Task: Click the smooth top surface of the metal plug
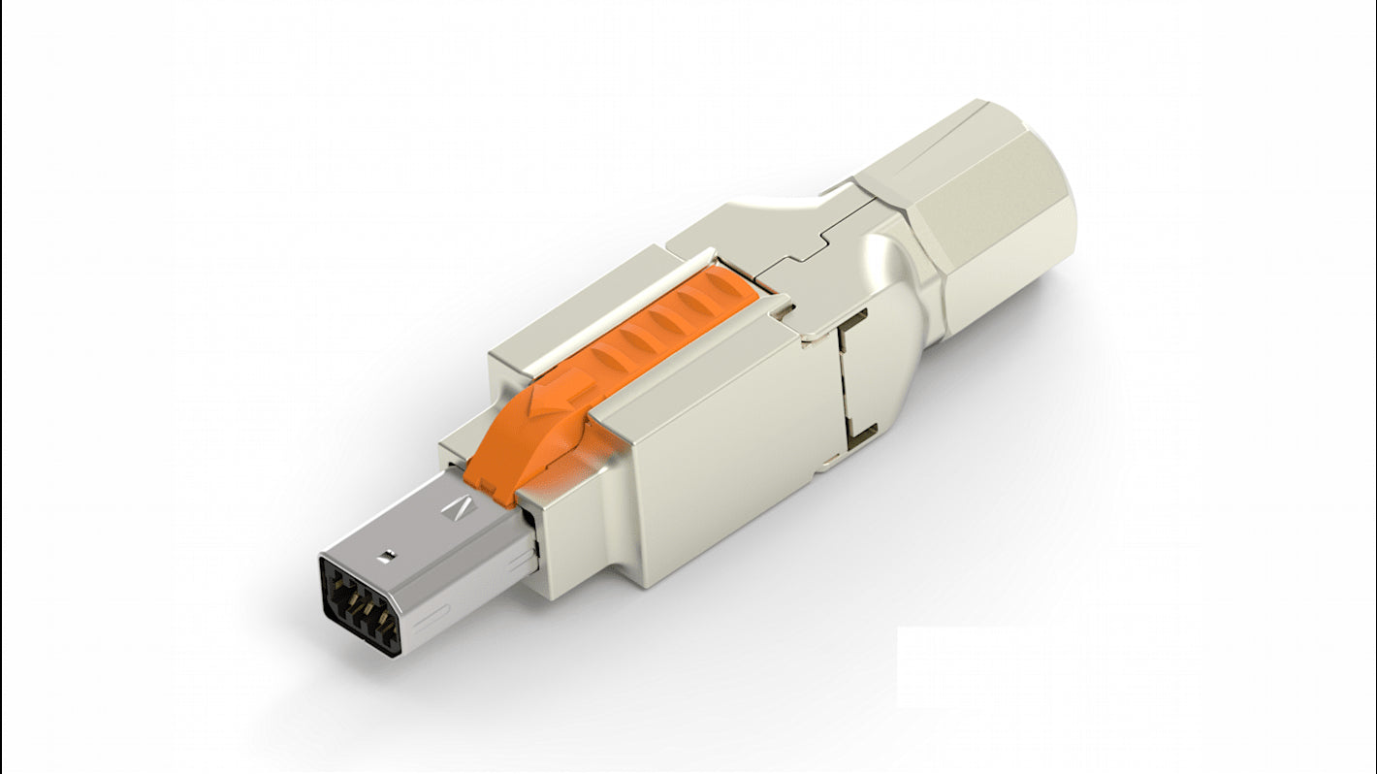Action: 417,529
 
